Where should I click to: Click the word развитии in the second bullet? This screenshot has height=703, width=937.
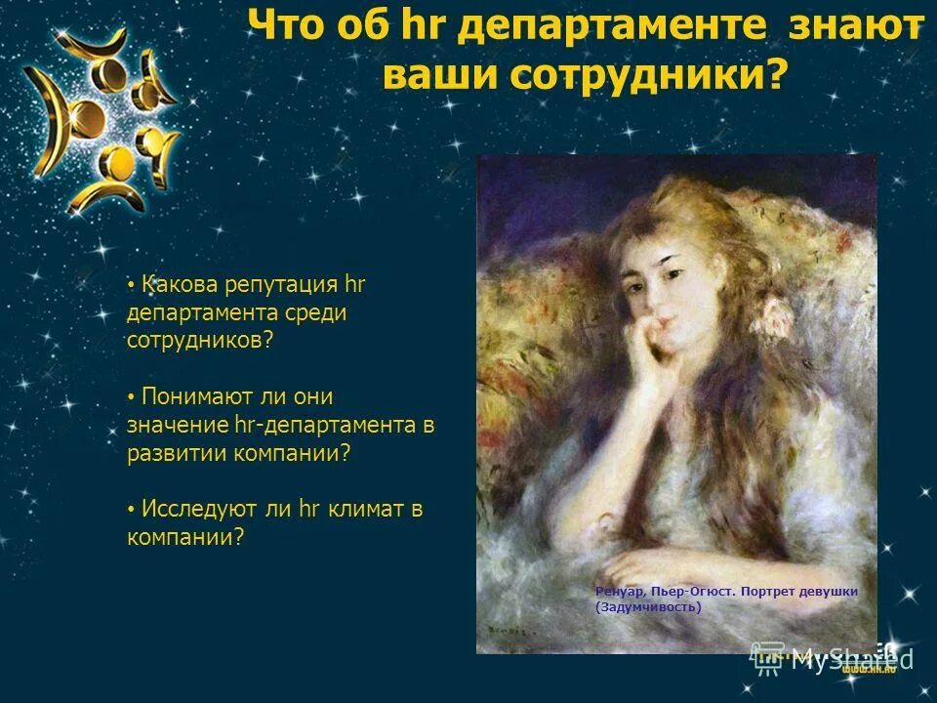176,453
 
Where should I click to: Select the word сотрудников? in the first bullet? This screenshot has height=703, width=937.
200,342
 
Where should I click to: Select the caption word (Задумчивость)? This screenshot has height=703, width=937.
648,606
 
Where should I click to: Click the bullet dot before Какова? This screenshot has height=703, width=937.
131,286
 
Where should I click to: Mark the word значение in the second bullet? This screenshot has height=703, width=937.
179,425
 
